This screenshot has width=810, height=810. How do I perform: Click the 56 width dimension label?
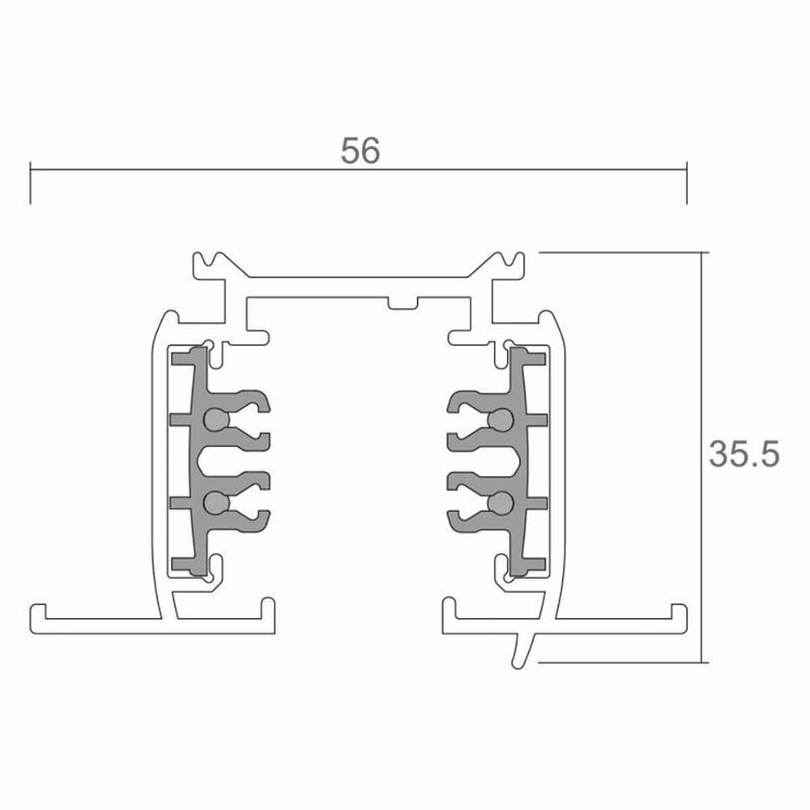(360, 151)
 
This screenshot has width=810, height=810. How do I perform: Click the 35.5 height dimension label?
(744, 454)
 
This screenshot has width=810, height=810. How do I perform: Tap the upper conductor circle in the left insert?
(216, 420)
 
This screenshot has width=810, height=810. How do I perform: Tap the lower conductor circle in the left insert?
(216, 503)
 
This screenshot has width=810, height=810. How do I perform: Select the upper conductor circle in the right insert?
(500, 420)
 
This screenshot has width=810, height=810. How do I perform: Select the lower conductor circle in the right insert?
(500, 503)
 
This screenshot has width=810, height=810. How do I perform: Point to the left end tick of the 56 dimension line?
(31, 183)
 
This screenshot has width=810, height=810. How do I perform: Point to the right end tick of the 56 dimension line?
(687, 183)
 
